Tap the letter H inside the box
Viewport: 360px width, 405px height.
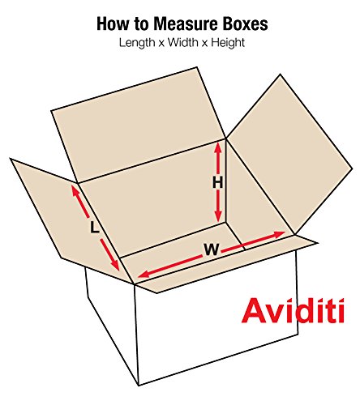[x=217, y=183]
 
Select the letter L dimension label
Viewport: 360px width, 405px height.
[x=95, y=229]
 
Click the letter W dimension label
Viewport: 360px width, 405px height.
[x=211, y=250]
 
